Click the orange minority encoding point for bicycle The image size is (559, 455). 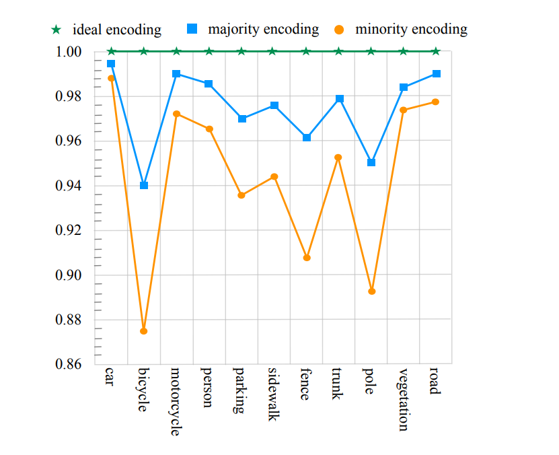pyautogui.click(x=143, y=330)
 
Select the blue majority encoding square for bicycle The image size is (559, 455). pyautogui.click(x=143, y=185)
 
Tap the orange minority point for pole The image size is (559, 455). pyautogui.click(x=371, y=291)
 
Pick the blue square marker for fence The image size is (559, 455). pyautogui.click(x=307, y=137)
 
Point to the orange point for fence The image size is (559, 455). pyautogui.click(x=307, y=258)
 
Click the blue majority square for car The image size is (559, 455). pyautogui.click(x=111, y=63)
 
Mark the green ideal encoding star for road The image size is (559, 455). pyautogui.click(x=436, y=51)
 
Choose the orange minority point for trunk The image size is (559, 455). pyautogui.click(x=338, y=157)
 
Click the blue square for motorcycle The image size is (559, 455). pyautogui.click(x=176, y=73)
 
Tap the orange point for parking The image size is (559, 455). pyautogui.click(x=241, y=195)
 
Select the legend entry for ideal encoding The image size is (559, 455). pyautogui.click(x=108, y=30)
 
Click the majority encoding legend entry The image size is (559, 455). pyautogui.click(x=252, y=29)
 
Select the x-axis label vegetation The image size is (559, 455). pyautogui.click(x=403, y=398)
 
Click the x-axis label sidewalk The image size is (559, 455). pyautogui.click(x=273, y=394)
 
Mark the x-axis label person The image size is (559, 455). pyautogui.click(x=208, y=387)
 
